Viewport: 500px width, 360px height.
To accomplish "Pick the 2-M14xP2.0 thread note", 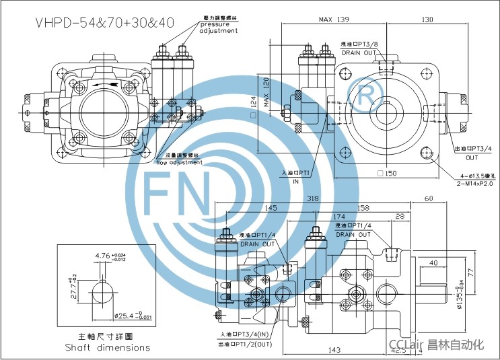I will click(x=470, y=183).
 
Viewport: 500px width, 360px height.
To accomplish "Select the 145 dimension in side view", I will click(x=271, y=207).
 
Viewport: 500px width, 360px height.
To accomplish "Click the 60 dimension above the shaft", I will click(x=429, y=199).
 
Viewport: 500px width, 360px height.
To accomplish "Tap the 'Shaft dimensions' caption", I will click(x=108, y=347).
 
